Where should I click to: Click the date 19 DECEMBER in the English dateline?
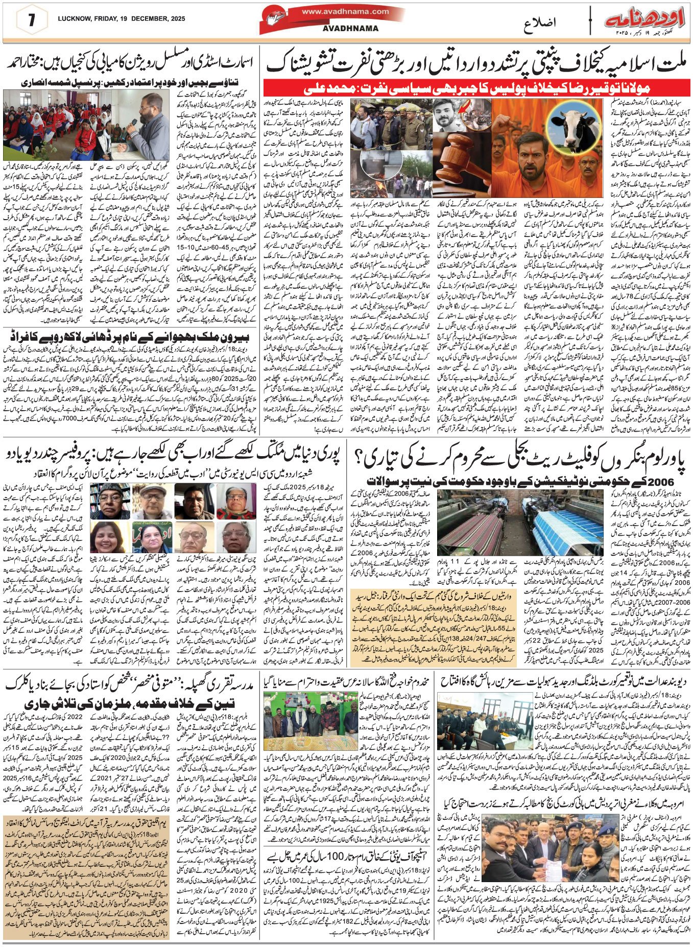[x=136, y=19]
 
